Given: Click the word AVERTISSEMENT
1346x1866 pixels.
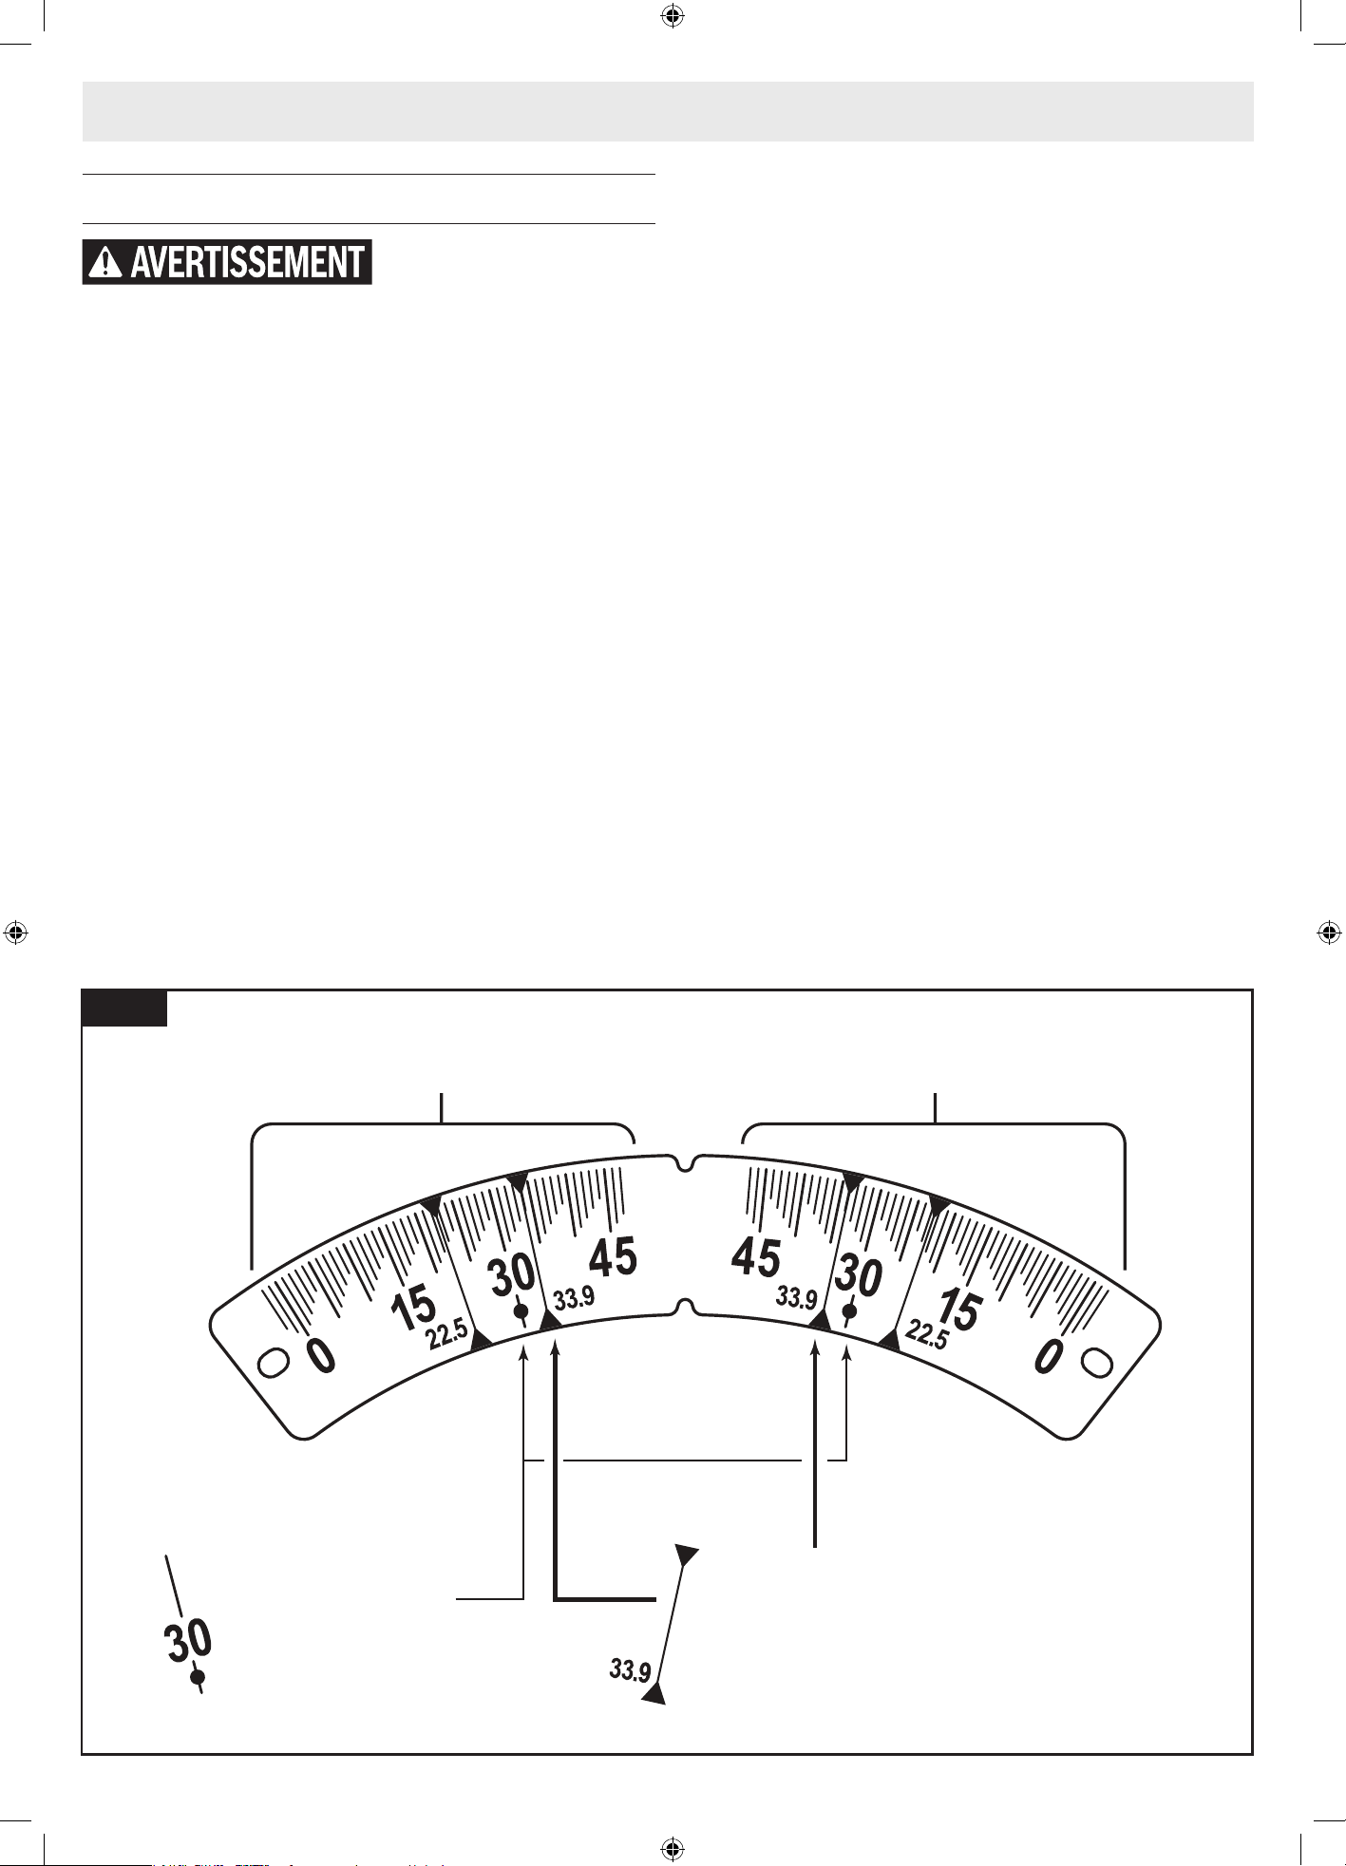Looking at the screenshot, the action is point(247,262).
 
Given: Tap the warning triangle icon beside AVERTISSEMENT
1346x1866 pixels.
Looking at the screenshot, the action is point(104,262).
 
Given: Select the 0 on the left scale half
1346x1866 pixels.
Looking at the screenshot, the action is point(321,1355).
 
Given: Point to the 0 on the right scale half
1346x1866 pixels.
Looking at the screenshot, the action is point(1048,1355).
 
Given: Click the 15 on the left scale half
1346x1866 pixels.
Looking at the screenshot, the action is point(413,1310).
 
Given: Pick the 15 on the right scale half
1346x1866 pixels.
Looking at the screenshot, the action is point(958,1311).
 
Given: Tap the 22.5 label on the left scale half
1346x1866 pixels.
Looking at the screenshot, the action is point(446,1334).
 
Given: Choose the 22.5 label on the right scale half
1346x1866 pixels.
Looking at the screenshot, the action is point(927,1334).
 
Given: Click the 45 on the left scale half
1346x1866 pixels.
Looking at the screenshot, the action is point(613,1257).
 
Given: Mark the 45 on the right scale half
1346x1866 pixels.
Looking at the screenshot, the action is point(756,1257).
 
